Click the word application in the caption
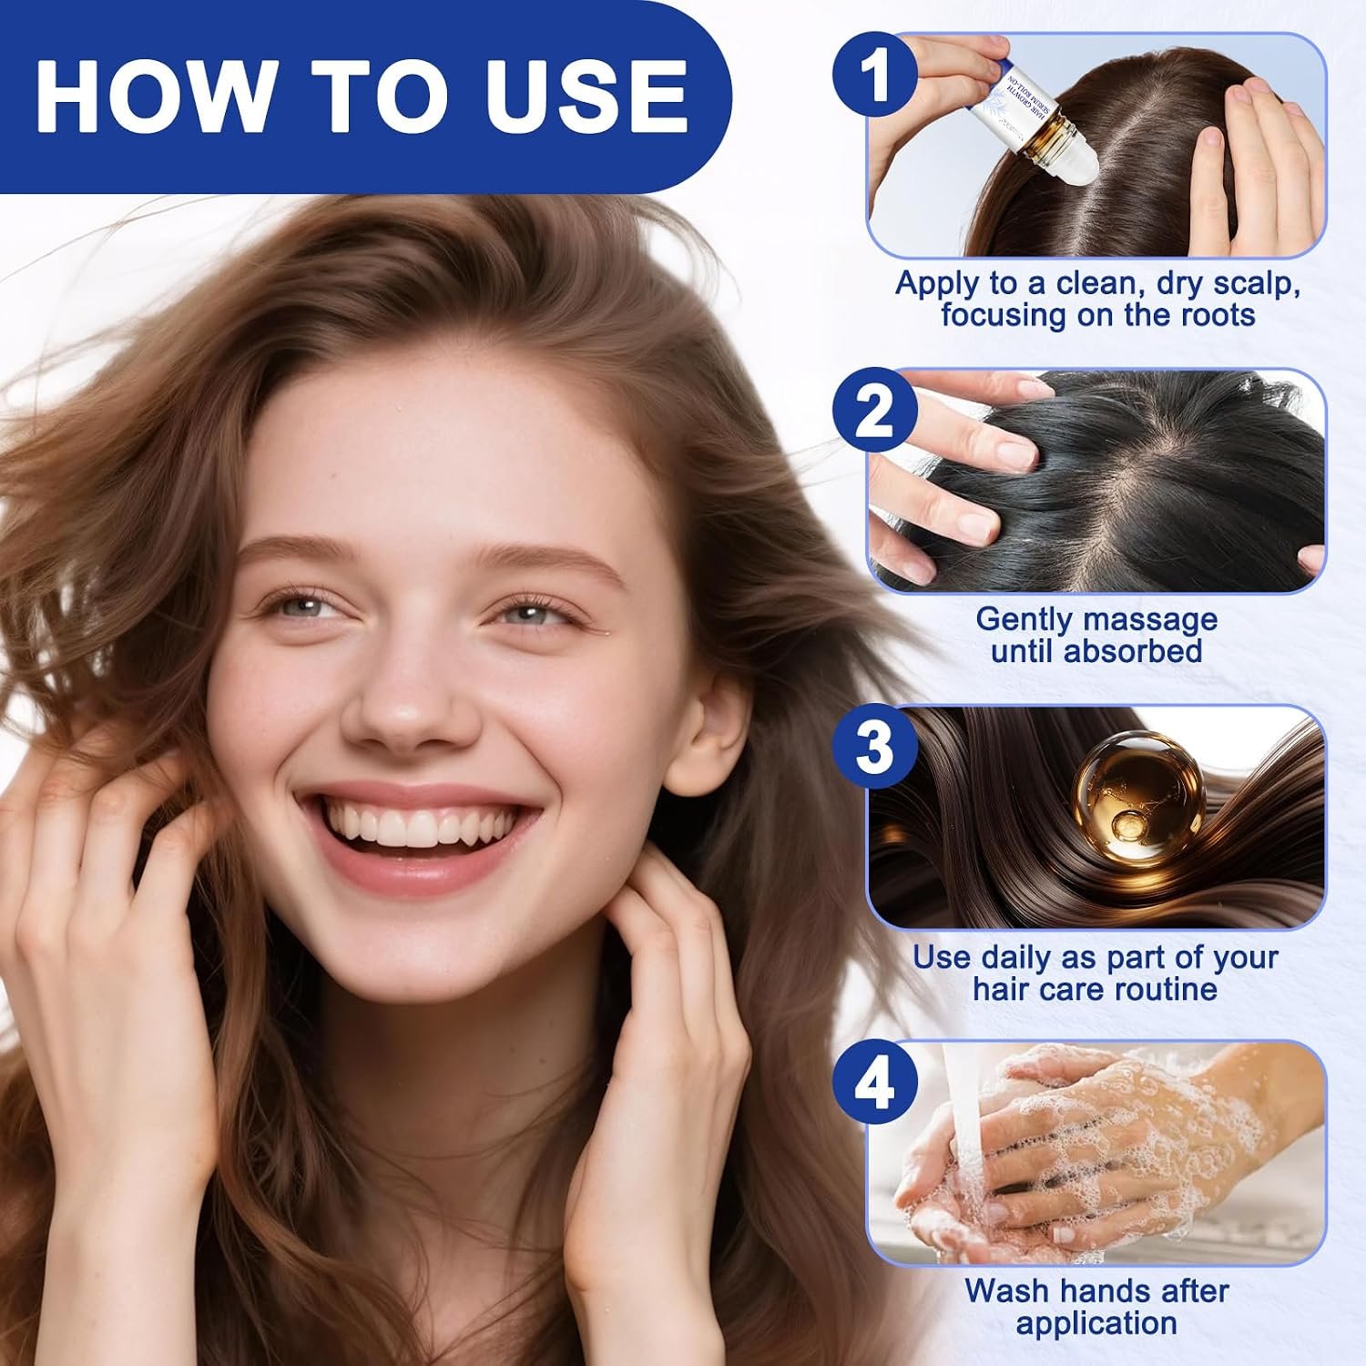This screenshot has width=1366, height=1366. [1096, 1324]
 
